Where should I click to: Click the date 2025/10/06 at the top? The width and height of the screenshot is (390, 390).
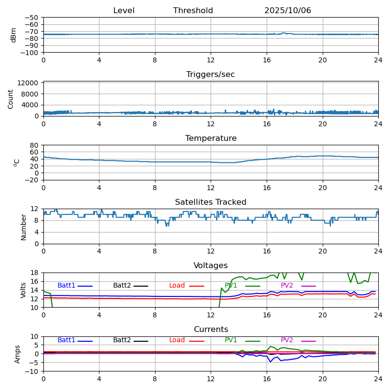288,11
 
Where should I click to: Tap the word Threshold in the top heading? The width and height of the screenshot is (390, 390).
193,11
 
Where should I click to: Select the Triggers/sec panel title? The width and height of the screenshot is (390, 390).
211,75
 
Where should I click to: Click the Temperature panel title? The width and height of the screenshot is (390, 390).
211,138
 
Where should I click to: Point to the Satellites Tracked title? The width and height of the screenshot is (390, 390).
211,202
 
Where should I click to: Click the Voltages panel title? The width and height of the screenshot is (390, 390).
211,266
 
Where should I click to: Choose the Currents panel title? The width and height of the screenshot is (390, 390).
211,330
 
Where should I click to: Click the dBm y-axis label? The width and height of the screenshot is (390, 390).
14,35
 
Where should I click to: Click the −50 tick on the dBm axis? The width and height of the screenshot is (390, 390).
33,18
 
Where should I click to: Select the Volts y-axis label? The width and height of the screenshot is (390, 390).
23,290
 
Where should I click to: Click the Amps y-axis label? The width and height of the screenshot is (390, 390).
18,354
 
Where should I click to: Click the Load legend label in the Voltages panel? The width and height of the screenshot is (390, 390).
177,286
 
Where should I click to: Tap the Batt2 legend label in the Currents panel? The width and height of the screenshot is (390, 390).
122,340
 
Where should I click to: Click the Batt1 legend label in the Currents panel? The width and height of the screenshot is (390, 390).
66,340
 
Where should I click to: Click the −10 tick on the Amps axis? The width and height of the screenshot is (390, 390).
33,371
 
